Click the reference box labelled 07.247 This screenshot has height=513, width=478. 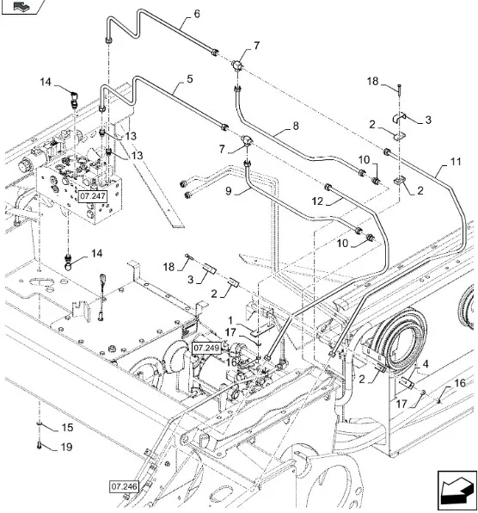[93, 196]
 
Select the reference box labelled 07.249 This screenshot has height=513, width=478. [206, 348]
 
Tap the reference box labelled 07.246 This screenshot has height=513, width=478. [124, 486]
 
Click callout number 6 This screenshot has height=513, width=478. [197, 14]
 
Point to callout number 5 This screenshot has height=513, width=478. [189, 79]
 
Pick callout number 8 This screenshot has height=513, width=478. [296, 126]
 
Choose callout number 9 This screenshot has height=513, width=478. [229, 190]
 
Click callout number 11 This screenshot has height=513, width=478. [456, 161]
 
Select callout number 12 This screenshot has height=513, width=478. [317, 201]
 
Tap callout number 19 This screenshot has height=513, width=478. [66, 447]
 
